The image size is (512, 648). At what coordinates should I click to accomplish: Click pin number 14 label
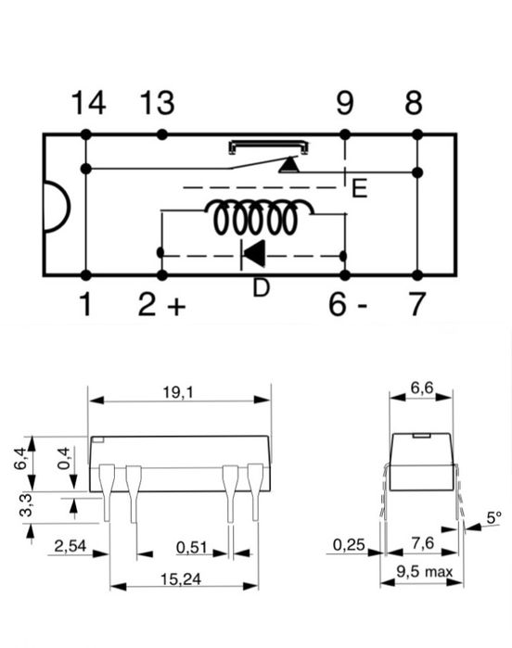pyautogui.click(x=88, y=103)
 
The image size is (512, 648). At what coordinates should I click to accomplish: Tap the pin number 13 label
pyautogui.click(x=157, y=103)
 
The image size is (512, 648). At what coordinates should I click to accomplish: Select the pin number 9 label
pyautogui.click(x=344, y=103)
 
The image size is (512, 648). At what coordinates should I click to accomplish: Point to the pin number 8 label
pyautogui.click(x=414, y=103)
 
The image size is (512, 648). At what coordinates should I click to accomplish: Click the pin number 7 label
pyautogui.click(x=416, y=304)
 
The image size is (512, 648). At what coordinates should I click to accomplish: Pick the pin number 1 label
pyautogui.click(x=85, y=304)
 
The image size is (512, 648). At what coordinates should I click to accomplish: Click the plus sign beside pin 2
pyautogui.click(x=176, y=306)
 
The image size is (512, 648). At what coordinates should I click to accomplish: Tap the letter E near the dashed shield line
pyautogui.click(x=359, y=188)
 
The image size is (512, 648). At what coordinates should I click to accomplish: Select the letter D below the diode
pyautogui.click(x=261, y=287)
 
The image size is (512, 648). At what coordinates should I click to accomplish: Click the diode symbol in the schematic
pyautogui.click(x=253, y=255)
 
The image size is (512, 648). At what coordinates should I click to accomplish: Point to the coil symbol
pyautogui.click(x=260, y=217)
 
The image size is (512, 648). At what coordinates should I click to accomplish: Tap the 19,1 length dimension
pyautogui.click(x=178, y=393)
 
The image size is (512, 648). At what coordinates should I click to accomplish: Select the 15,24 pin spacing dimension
pyautogui.click(x=181, y=579)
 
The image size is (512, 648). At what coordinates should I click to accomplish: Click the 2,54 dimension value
pyautogui.click(x=70, y=546)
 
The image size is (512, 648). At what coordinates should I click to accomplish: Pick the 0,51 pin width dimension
pyautogui.click(x=191, y=548)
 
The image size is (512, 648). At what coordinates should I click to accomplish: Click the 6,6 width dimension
pyautogui.click(x=422, y=388)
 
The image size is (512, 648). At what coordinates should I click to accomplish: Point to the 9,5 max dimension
pyautogui.click(x=425, y=572)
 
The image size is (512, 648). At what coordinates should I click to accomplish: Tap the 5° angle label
pyautogui.click(x=493, y=517)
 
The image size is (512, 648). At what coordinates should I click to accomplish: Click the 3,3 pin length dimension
pyautogui.click(x=26, y=505)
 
